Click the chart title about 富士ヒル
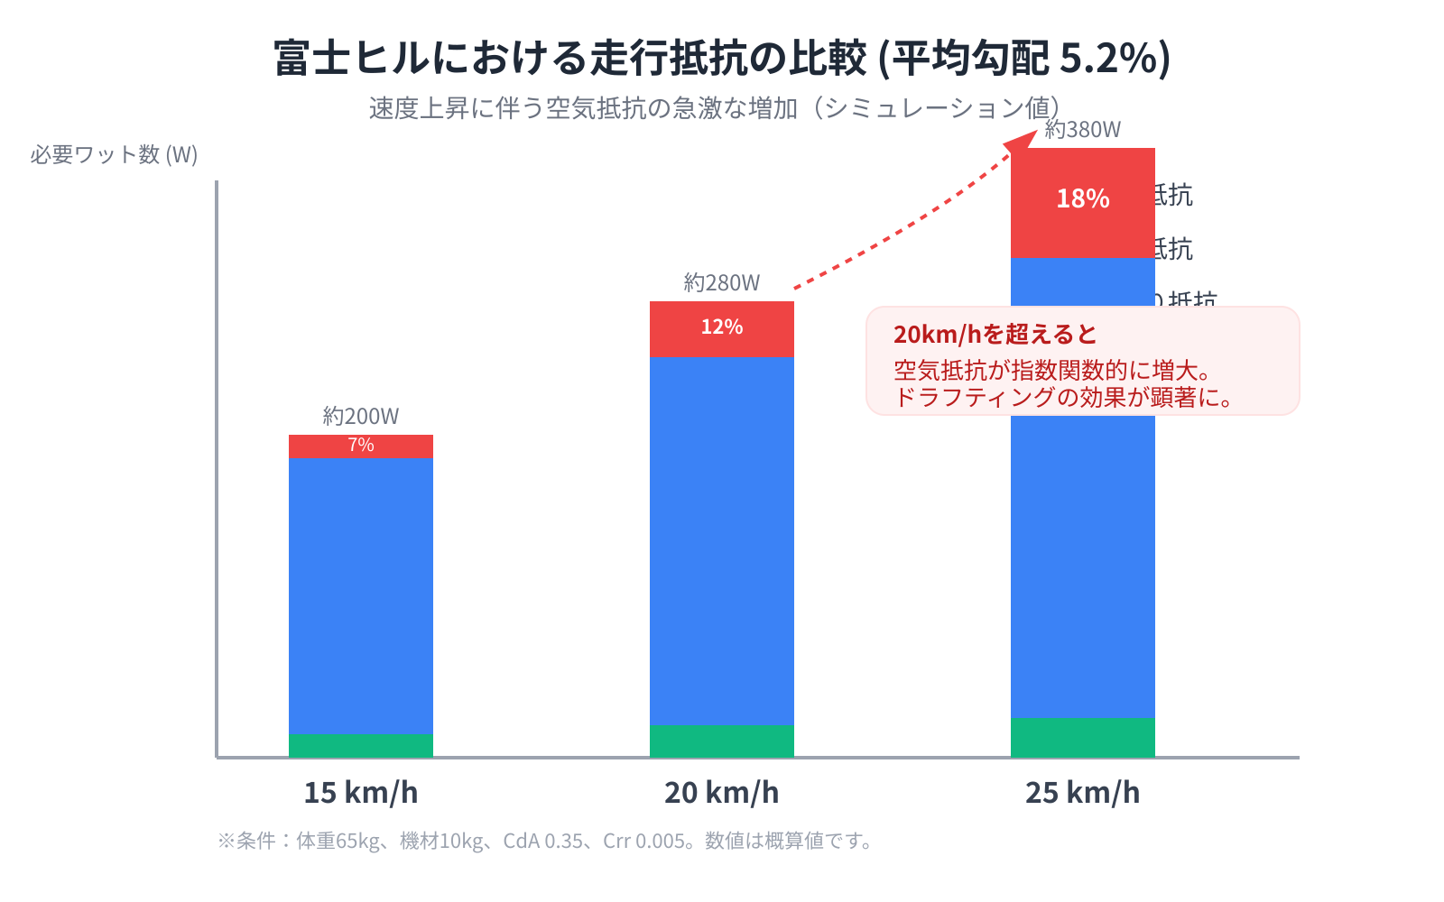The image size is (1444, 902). tap(722, 58)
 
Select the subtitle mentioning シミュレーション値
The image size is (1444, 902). tap(713, 108)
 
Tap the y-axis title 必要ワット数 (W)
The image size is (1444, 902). tap(114, 154)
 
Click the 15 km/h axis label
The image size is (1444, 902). tap(360, 792)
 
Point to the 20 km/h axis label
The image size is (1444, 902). tap(721, 792)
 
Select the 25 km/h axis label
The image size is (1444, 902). tap(1082, 792)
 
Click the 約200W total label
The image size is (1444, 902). tap(360, 416)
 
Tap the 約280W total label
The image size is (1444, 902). tap(721, 282)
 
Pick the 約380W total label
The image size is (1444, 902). tap(1082, 130)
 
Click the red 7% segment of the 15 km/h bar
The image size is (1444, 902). tap(360, 446)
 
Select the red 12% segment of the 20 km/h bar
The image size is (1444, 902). tap(721, 328)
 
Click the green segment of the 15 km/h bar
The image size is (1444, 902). tap(360, 745)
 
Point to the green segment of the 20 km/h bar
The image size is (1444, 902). tap(721, 741)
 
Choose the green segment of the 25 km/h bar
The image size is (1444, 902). tap(1082, 737)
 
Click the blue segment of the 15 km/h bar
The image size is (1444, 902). tap(360, 595)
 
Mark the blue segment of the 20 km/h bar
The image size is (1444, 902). tap(721, 541)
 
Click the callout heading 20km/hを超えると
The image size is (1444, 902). tap(995, 335)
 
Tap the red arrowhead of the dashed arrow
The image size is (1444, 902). tap(1024, 140)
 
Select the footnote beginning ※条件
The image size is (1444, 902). tap(545, 841)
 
